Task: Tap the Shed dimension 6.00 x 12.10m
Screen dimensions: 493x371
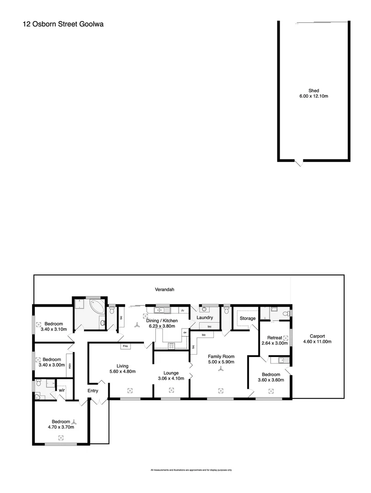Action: point(313,96)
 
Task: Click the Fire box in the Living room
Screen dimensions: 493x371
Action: point(125,346)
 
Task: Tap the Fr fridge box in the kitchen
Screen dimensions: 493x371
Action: point(182,311)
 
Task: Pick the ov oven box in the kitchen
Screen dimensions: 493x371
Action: point(185,333)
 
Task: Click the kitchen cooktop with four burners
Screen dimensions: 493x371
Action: point(172,346)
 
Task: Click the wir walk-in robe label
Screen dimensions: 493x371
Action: point(61,390)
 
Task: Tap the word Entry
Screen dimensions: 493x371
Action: point(93,391)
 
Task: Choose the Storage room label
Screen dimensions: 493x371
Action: point(248,318)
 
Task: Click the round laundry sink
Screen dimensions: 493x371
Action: point(204,309)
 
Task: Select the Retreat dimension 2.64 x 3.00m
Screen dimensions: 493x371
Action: point(274,343)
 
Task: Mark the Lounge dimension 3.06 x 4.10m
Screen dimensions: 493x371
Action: point(171,378)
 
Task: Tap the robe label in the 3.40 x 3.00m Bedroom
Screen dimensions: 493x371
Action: point(70,366)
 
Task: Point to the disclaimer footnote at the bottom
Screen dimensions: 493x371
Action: point(191,470)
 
